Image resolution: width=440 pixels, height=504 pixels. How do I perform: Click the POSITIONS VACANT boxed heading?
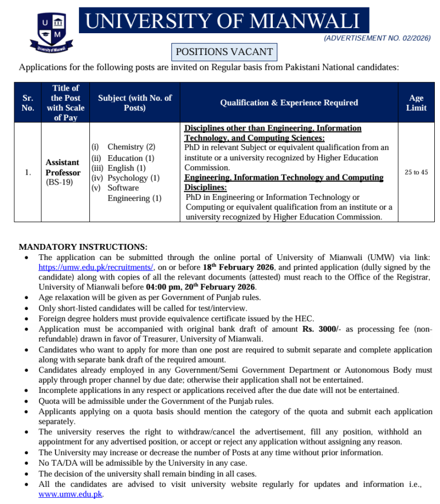(224, 52)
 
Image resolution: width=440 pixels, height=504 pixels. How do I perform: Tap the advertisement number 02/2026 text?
(376, 38)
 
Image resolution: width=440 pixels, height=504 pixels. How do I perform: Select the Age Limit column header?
(416, 103)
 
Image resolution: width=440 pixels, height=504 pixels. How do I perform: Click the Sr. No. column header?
(27, 103)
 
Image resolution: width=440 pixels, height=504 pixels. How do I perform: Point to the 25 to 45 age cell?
(416, 172)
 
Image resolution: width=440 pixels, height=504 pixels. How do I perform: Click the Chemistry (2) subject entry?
(131, 147)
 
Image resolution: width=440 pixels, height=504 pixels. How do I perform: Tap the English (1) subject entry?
(127, 168)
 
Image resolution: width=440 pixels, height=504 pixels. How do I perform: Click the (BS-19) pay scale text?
(60, 182)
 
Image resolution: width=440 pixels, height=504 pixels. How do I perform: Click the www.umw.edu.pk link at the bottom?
(70, 494)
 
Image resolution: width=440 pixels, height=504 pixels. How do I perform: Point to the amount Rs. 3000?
(320, 329)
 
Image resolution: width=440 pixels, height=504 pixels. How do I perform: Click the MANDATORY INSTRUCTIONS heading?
(83, 247)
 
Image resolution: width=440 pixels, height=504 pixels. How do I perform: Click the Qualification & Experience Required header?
(289, 103)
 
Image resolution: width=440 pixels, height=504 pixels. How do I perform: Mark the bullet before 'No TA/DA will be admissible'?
(27, 463)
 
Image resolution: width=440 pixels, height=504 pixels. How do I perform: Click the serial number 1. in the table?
(27, 172)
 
